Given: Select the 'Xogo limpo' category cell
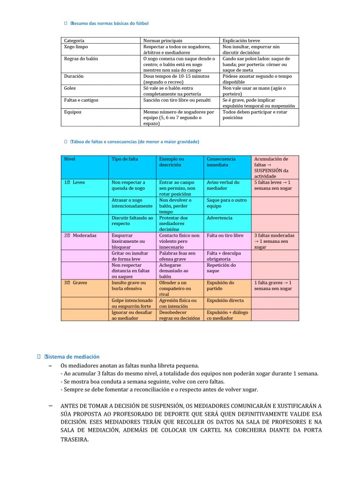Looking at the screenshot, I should pos(76,47).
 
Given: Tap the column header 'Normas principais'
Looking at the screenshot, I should pos(163,41).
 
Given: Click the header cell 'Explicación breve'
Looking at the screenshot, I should pos(241,41).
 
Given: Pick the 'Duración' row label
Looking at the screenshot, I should pos(74,76).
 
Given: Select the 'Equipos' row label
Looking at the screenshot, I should pos(73,112).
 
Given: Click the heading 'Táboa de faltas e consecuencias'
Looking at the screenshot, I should pos(135,142).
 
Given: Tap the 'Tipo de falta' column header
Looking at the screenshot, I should pos(125,159).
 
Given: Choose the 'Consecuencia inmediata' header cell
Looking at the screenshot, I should pos(221,162).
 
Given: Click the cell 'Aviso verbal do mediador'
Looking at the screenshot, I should pos(223,185).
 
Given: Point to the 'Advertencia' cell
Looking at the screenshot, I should pos(219,218).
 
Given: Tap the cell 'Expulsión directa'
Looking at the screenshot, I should pos(225,300).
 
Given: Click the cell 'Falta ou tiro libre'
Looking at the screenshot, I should pos(225,235).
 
